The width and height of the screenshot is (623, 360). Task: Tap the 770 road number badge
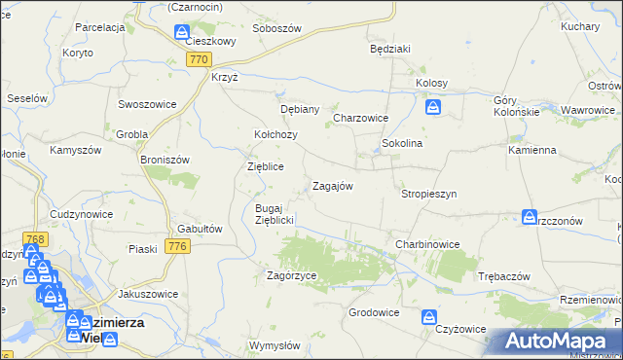point(199,59)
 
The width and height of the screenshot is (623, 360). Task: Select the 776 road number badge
point(176,247)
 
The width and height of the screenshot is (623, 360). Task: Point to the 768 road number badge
point(37,238)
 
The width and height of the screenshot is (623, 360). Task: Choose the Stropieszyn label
point(428,194)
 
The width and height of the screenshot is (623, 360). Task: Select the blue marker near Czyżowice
point(429,315)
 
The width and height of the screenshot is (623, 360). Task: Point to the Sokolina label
point(401,143)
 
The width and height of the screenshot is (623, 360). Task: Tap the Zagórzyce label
point(292,276)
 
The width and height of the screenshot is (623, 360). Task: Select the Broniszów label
point(164,159)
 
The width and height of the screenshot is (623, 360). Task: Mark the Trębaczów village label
point(504,276)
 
